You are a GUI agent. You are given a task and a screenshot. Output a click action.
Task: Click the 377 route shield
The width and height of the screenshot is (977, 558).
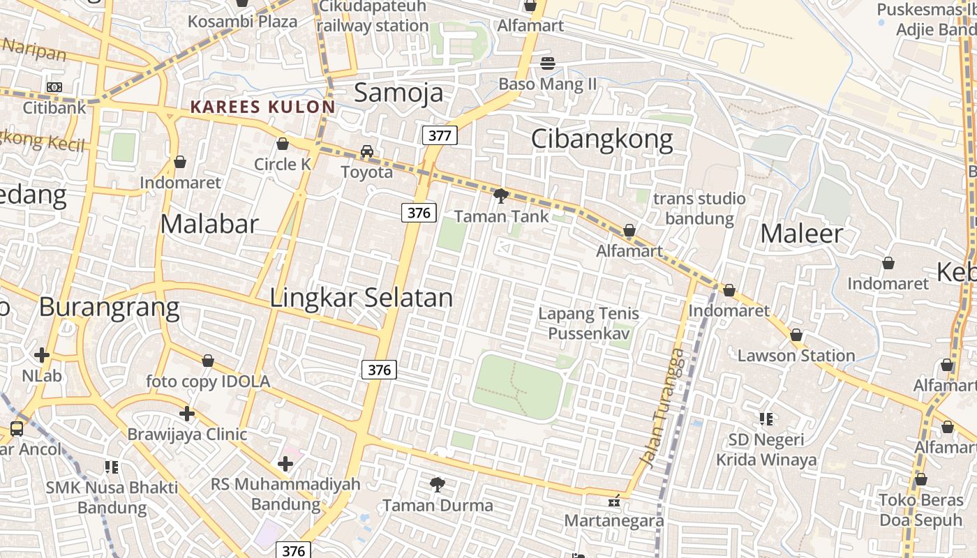439,135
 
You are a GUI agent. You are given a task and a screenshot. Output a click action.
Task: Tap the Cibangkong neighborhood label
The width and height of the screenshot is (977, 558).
602,139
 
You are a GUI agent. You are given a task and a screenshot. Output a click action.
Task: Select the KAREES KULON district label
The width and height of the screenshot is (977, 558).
262,107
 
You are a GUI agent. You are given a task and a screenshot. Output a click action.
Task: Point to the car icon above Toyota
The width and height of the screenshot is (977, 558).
366,151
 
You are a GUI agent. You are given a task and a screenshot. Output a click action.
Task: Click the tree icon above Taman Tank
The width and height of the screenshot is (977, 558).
500,196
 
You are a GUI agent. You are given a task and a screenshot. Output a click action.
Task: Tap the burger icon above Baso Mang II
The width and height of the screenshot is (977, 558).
548,63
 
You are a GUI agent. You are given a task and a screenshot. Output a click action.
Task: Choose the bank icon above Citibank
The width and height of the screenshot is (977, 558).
54,87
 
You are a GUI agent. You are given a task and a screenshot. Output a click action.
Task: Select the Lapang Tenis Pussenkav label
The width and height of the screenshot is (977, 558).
588,324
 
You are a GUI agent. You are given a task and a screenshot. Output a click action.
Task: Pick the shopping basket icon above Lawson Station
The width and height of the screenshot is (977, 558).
796,335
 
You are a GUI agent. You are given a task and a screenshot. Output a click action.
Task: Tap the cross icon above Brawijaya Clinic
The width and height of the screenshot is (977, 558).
187,414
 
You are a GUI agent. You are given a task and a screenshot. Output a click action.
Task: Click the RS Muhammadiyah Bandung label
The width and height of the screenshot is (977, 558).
285,493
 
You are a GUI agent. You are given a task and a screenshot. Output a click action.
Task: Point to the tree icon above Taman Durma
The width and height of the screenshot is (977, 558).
438,484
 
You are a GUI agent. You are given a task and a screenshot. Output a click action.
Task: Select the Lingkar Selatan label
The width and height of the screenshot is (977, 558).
361,298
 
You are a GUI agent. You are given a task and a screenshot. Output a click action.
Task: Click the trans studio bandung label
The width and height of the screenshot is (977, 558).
699,208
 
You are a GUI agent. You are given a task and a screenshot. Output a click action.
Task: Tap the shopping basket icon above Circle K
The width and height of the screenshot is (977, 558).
283,144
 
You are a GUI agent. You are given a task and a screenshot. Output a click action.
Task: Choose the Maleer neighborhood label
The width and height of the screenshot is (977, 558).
801,234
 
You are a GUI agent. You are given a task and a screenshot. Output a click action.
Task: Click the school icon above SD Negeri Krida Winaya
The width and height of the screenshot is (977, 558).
766,419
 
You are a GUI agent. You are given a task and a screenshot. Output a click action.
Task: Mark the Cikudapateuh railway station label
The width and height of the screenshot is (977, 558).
373,17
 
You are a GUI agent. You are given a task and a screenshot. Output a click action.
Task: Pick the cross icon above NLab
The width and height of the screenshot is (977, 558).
42,355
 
